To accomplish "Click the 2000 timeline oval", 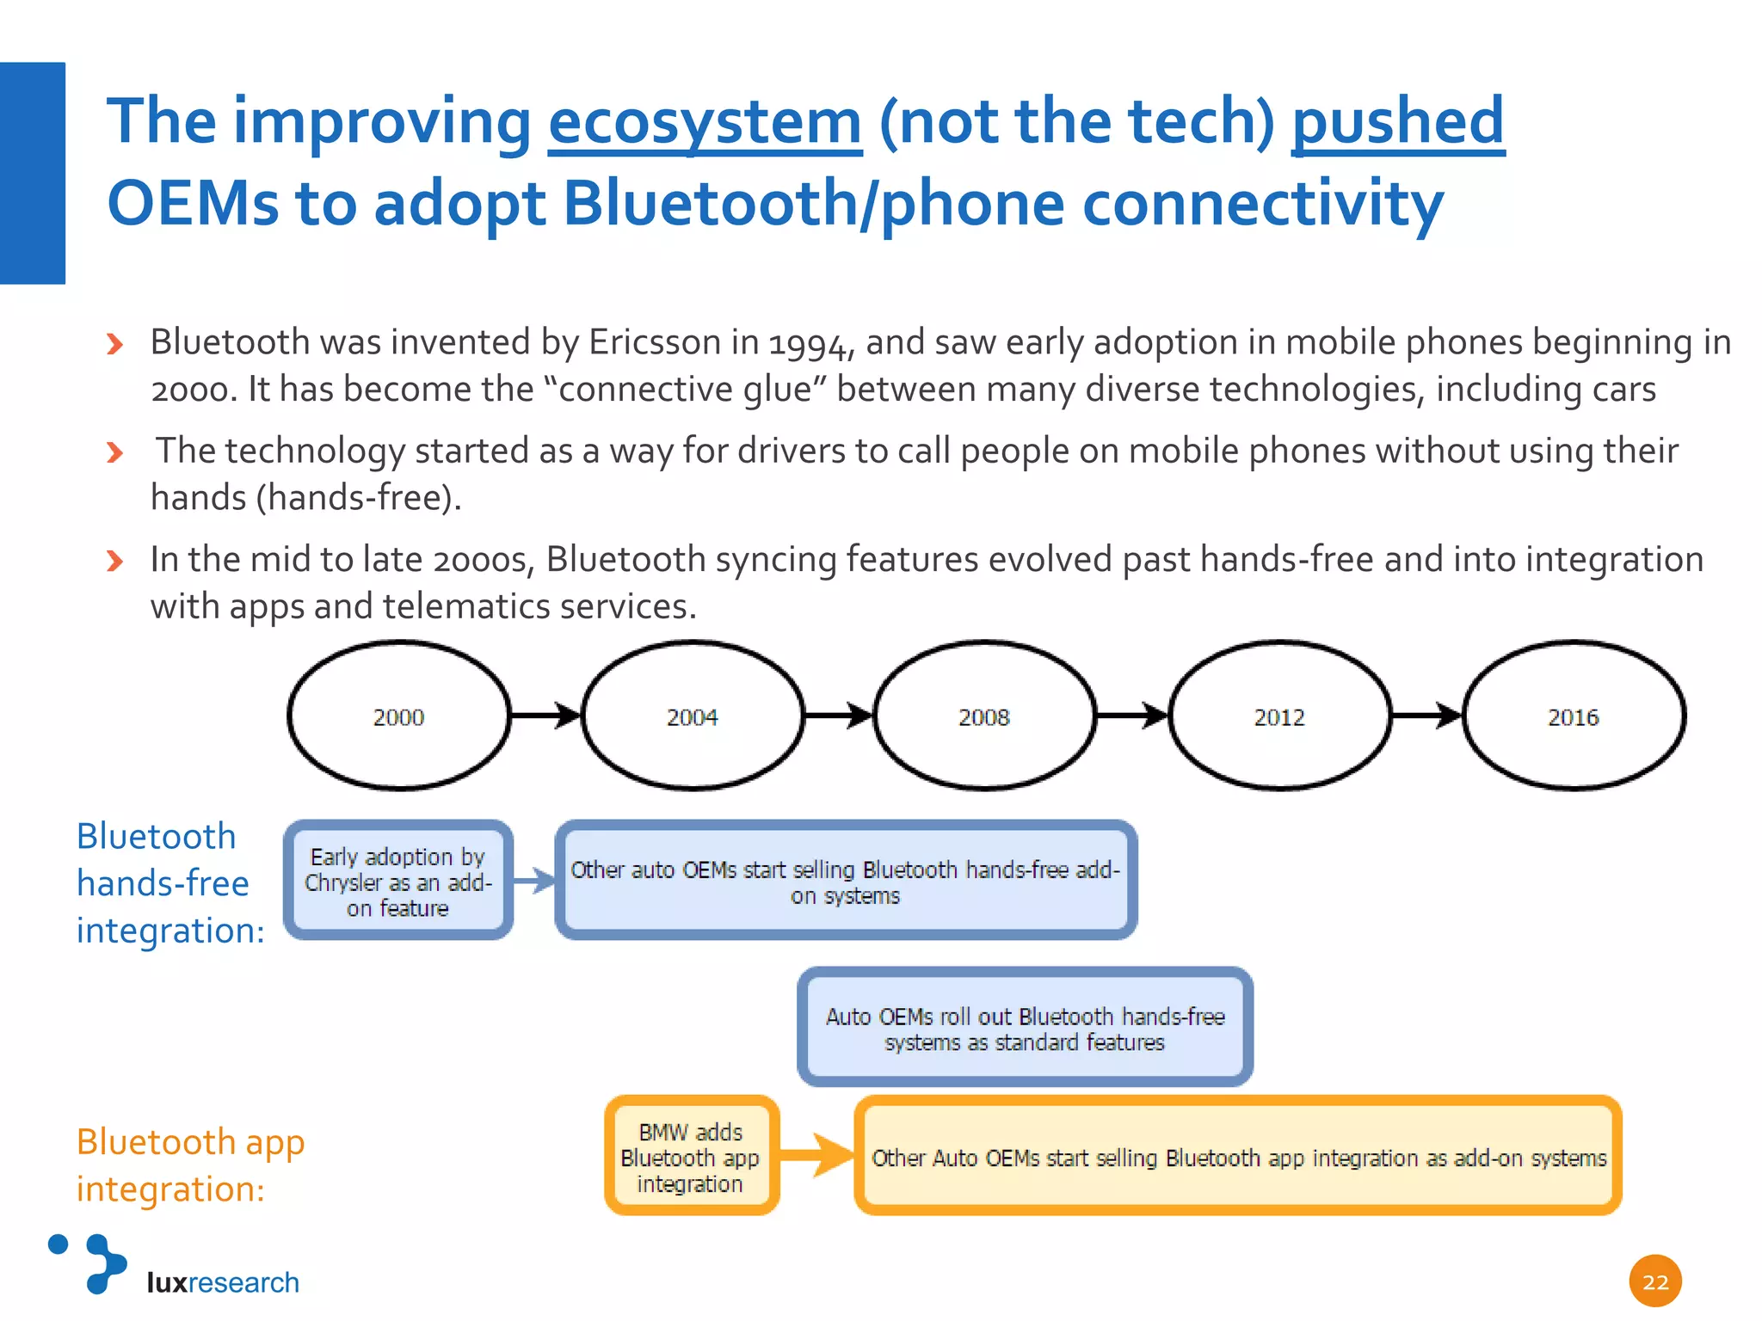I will (398, 716).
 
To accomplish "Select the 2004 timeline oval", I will (693, 716).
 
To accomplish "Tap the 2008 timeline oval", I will (985, 716).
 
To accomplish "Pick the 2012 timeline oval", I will (1279, 716).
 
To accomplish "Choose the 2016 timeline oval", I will (1574, 716).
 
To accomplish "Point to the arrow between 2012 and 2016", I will (1426, 715).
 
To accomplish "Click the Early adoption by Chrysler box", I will (398, 881).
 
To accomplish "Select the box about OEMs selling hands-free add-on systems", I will (846, 881).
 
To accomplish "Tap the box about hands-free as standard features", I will (1025, 1028).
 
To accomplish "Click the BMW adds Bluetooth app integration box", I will (692, 1156).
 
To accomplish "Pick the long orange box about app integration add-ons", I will (1238, 1157).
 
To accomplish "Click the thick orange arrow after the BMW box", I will (816, 1155).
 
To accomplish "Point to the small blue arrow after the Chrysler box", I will (534, 881).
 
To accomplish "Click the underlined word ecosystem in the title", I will (705, 122).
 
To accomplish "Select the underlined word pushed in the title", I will (1397, 122).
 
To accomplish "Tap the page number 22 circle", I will (1654, 1281).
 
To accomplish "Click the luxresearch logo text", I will (223, 1282).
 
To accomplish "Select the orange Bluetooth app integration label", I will (190, 1165).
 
